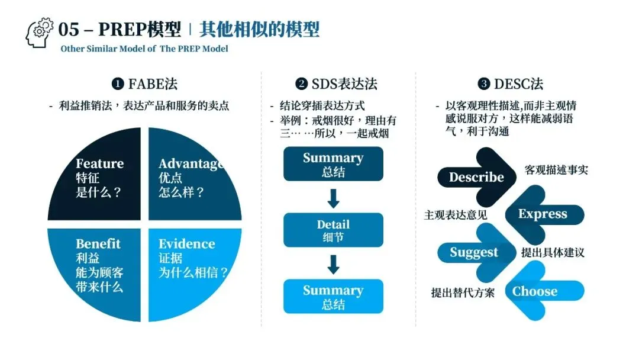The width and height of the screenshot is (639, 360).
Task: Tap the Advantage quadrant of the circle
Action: [x=189, y=178]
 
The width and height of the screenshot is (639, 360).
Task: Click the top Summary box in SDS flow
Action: [x=333, y=164]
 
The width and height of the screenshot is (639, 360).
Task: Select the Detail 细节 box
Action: [x=333, y=230]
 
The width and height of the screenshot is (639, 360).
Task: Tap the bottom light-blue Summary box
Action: [x=333, y=296]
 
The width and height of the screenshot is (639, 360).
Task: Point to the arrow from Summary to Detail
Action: [x=333, y=197]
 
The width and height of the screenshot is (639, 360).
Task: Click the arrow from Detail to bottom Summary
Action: [x=333, y=263]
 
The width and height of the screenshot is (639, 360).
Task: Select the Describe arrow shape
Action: [x=473, y=177]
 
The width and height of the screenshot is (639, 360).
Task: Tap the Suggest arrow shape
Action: [x=473, y=253]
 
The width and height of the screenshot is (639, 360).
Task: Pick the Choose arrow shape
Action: [x=538, y=291]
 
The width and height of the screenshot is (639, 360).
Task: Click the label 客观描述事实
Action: [x=556, y=171]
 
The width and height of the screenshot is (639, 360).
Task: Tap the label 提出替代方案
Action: [x=463, y=292]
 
